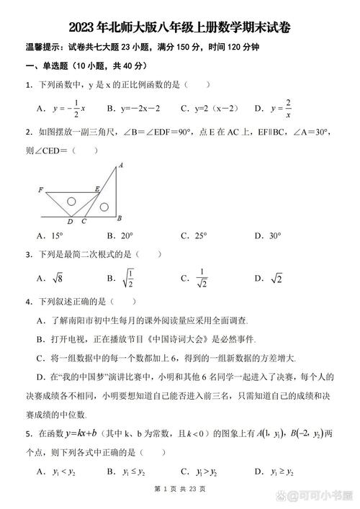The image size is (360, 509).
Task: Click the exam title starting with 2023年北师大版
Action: click(x=179, y=28)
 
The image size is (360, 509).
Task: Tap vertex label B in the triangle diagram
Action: click(x=119, y=218)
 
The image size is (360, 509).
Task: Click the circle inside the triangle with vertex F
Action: click(x=71, y=202)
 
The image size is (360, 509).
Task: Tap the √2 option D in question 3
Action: click(x=276, y=278)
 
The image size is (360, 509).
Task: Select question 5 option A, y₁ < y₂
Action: click(x=60, y=472)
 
